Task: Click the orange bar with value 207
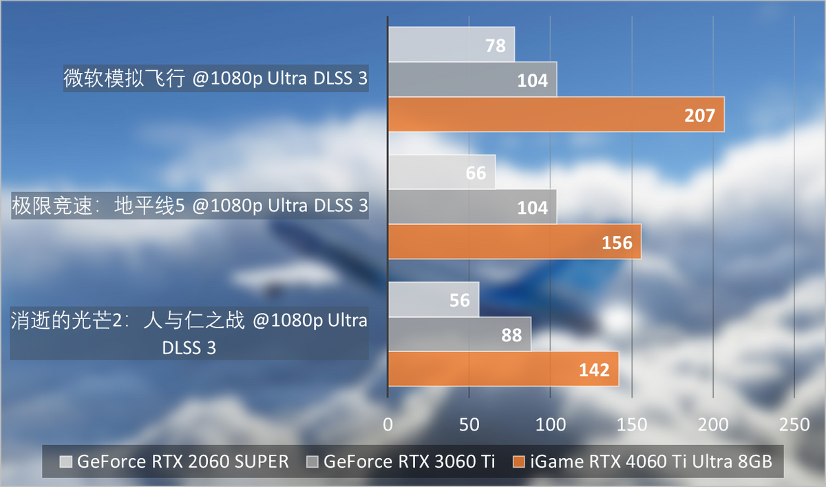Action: [x=556, y=114]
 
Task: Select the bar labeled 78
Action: [x=451, y=45]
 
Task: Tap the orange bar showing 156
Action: [x=514, y=241]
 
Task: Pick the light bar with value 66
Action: [x=441, y=172]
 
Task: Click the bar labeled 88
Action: [x=459, y=334]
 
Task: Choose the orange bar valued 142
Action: [x=503, y=369]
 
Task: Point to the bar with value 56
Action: [x=433, y=300]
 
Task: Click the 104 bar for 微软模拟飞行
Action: [x=472, y=79]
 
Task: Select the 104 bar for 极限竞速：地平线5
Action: [x=472, y=206]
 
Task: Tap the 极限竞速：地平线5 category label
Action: [x=190, y=206]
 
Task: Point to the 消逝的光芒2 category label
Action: [x=189, y=334]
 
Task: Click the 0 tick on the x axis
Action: [x=388, y=424]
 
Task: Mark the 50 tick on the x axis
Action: [x=469, y=424]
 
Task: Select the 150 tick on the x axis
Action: [x=631, y=424]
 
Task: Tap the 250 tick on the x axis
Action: [x=794, y=424]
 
